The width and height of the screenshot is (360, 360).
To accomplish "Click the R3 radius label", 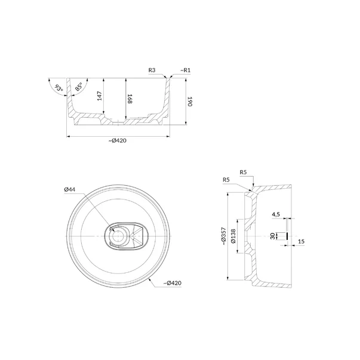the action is (x=152, y=70).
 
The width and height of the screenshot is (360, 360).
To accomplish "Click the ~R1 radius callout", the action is (x=185, y=70).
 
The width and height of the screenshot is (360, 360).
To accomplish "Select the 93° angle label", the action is (x=59, y=88).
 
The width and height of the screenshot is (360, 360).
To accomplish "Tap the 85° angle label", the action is (x=79, y=87).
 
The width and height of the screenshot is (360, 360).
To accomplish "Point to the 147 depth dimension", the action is (x=100, y=96).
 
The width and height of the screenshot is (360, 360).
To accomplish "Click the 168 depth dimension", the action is (x=130, y=99).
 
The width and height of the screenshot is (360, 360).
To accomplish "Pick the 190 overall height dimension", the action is (x=190, y=101).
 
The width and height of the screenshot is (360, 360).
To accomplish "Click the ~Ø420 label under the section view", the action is (x=118, y=140).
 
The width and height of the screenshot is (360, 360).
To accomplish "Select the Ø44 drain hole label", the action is (x=70, y=189).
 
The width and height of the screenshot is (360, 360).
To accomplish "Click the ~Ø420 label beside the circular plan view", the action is (x=173, y=283).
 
